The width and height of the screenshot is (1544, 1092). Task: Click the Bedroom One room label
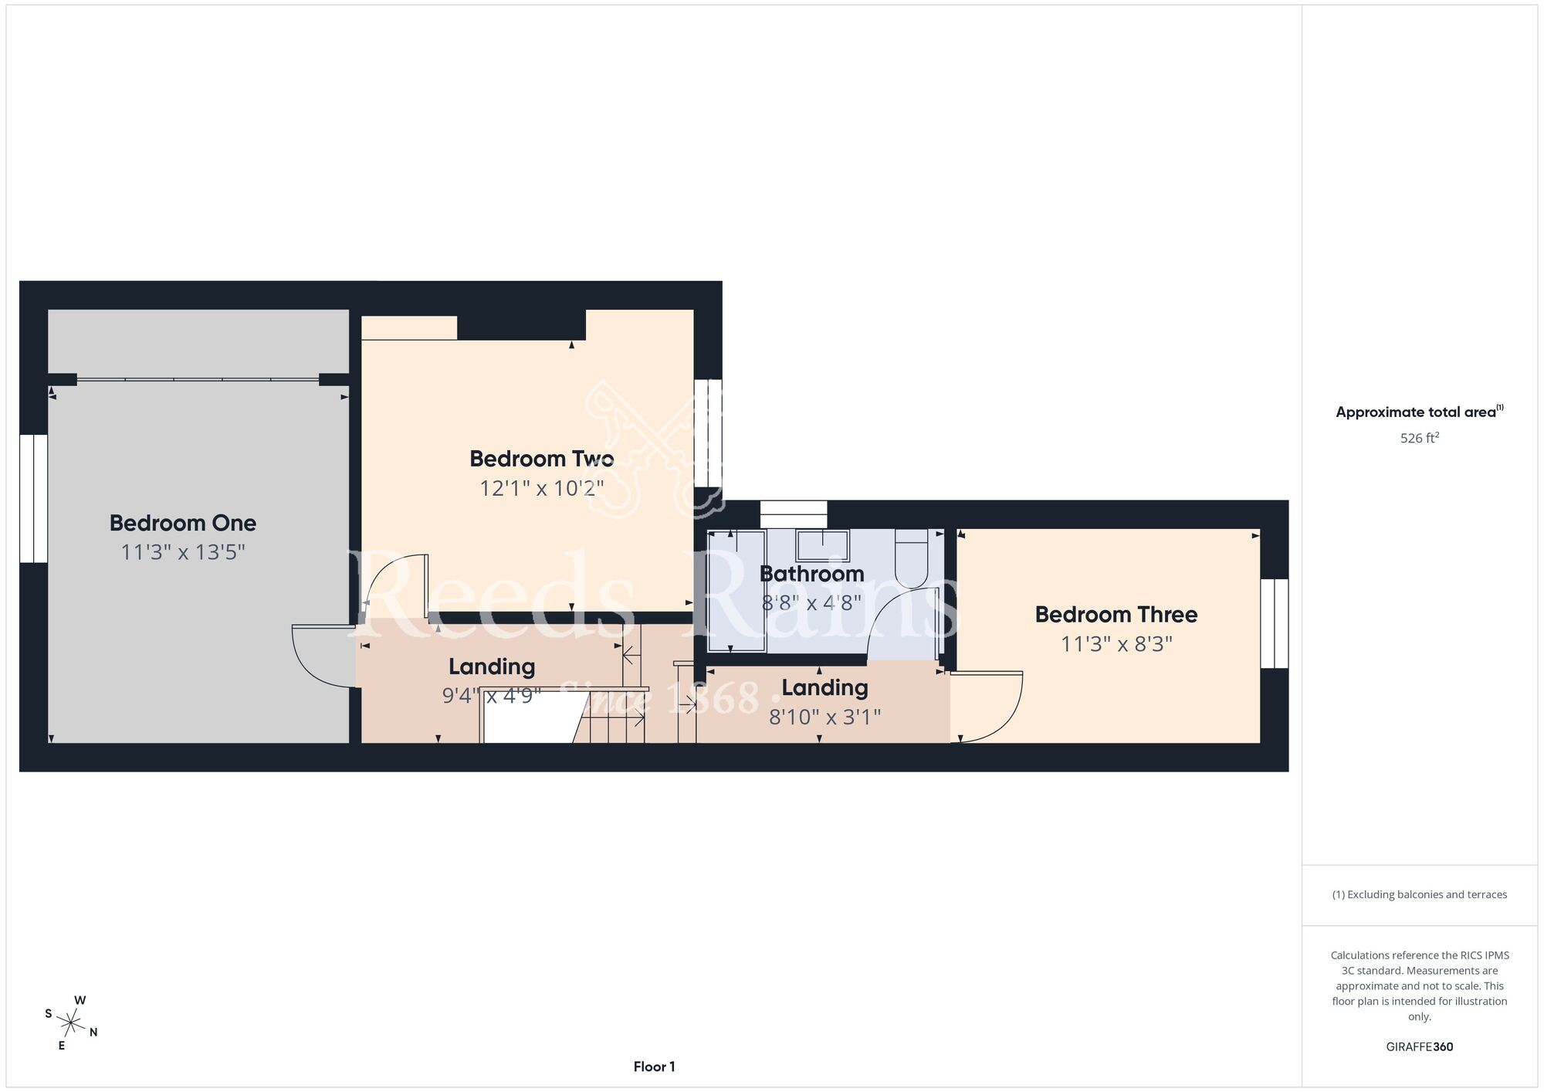click(x=183, y=523)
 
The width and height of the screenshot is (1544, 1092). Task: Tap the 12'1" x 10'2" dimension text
click(x=542, y=488)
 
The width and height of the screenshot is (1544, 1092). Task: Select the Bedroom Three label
click(x=1116, y=615)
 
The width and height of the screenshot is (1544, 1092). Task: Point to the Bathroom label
click(x=812, y=574)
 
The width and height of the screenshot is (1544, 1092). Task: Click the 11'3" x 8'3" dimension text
click(x=1116, y=644)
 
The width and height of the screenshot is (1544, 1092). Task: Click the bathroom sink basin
click(x=823, y=545)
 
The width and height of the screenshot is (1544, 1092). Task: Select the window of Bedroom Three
click(x=1275, y=623)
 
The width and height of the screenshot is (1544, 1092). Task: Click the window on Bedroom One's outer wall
click(x=34, y=498)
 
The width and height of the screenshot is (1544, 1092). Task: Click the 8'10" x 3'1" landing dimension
click(x=824, y=717)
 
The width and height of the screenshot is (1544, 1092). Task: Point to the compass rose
click(x=71, y=1024)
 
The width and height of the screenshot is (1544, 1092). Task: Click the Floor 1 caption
click(x=655, y=1067)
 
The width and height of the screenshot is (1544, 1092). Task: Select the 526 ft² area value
click(x=1420, y=438)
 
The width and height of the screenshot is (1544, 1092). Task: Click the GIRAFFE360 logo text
click(x=1420, y=1047)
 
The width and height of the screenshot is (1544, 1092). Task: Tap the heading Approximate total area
click(x=1420, y=412)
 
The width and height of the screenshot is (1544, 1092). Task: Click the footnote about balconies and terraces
click(x=1420, y=894)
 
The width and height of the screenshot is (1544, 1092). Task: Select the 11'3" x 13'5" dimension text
click(x=183, y=552)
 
